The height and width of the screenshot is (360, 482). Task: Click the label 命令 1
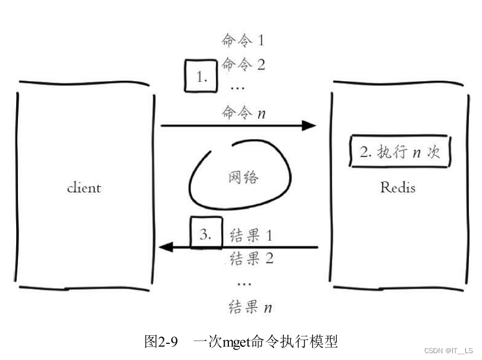(243, 41)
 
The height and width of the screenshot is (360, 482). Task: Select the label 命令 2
(243, 64)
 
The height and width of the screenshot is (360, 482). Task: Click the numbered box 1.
(200, 77)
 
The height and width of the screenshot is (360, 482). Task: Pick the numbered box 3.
(206, 234)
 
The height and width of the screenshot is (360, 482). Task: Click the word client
(84, 187)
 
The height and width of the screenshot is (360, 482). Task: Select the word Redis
(398, 187)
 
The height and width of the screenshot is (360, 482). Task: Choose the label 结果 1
(251, 236)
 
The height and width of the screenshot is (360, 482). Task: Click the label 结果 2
(251, 258)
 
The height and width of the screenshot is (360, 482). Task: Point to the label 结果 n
(251, 307)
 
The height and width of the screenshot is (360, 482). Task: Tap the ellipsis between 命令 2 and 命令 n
(237, 88)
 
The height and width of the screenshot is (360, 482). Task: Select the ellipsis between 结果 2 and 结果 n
(244, 283)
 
